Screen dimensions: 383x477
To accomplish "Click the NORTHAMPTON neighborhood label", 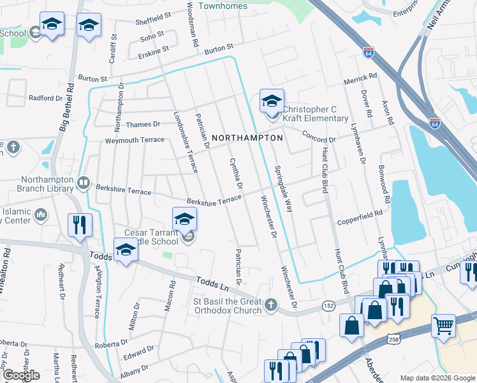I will [x=247, y=138].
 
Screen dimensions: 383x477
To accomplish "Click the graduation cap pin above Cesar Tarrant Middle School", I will [x=184, y=219].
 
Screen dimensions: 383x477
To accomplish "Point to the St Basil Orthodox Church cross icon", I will [x=271, y=304].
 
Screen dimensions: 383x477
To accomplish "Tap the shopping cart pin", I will [x=443, y=326].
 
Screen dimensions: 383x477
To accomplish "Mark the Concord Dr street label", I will [x=318, y=138].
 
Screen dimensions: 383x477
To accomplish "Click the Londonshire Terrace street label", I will [x=186, y=142].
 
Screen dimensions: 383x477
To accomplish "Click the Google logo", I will [x=21, y=375].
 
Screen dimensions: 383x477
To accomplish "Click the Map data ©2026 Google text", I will [x=437, y=378].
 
